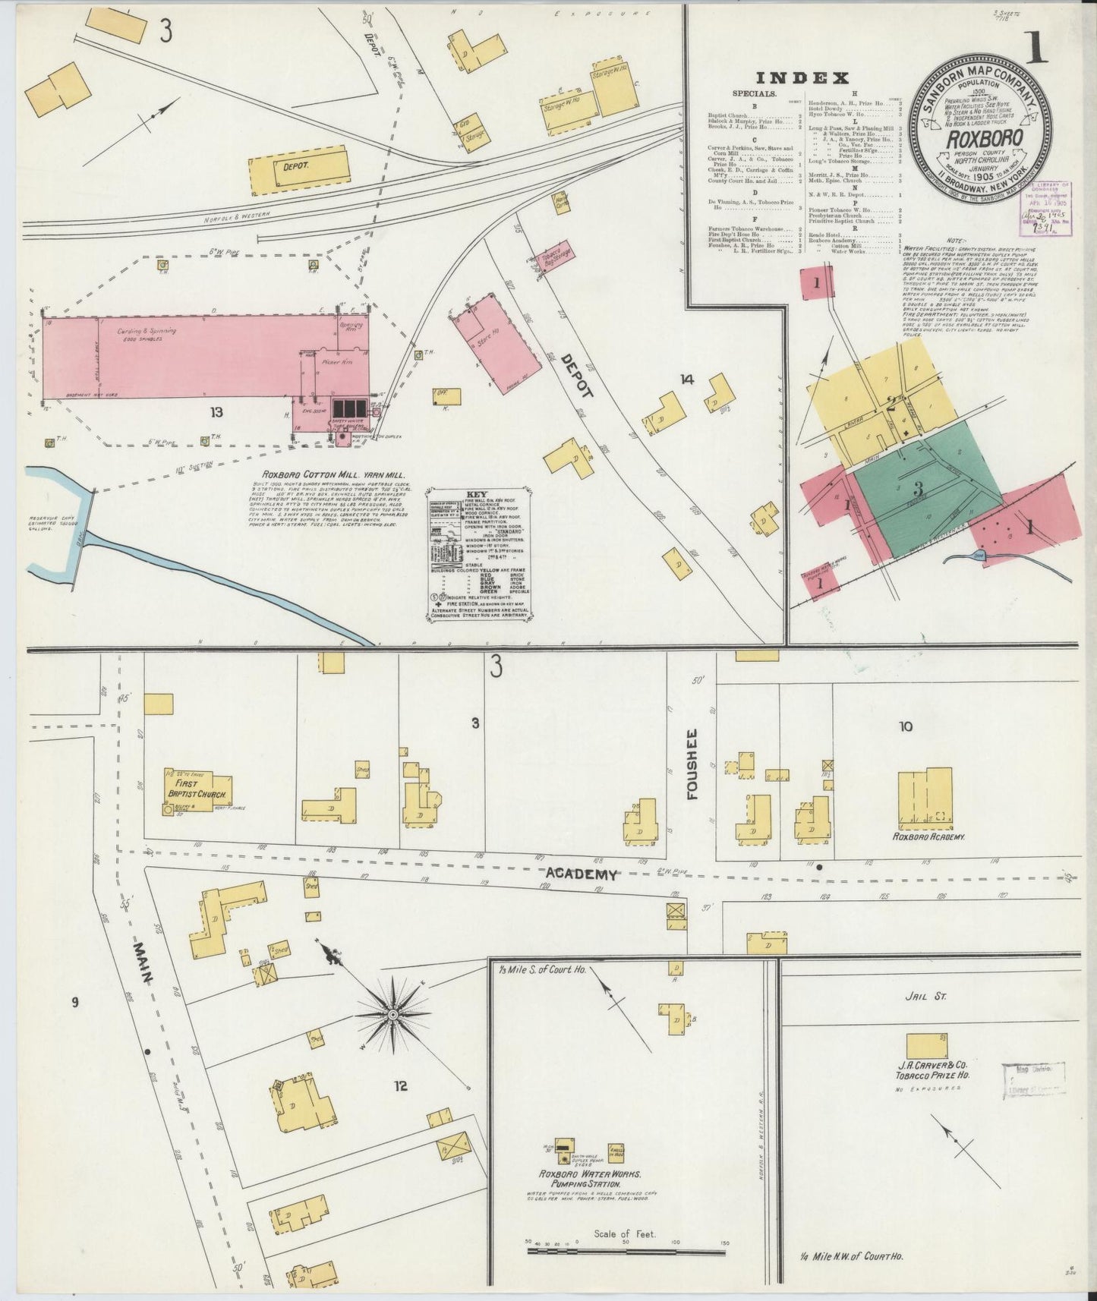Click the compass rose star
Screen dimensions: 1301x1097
click(395, 1014)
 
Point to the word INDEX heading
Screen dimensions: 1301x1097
click(802, 77)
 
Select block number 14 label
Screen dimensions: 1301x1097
click(688, 380)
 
